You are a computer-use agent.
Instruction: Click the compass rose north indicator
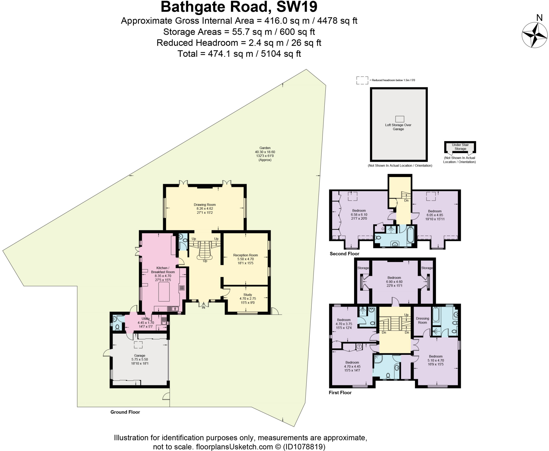(x=535, y=35)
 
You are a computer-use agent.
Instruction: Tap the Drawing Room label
(x=205, y=209)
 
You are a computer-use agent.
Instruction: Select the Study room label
(x=247, y=299)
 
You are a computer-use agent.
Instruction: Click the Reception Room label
(x=245, y=259)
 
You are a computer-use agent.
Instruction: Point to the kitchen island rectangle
(x=164, y=292)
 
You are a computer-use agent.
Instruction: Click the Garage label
(x=139, y=359)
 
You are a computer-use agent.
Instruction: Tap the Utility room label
(x=146, y=321)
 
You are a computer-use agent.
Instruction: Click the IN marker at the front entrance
(x=203, y=307)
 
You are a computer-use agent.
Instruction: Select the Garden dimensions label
(x=265, y=154)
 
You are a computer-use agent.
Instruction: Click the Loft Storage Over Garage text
(x=398, y=127)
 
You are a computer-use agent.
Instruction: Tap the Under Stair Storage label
(x=460, y=147)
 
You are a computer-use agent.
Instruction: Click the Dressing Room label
(x=422, y=320)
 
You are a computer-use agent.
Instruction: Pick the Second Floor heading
(x=344, y=254)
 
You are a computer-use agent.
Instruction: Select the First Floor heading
(x=340, y=393)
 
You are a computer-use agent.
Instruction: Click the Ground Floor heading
(x=125, y=412)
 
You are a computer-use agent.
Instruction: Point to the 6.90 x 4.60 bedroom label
(x=394, y=281)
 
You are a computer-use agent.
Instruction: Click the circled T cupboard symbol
(x=359, y=347)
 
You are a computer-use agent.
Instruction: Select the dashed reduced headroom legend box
(x=362, y=80)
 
